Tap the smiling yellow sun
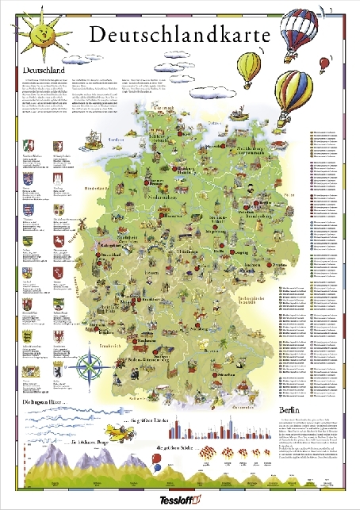(x=32, y=32)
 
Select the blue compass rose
(x=89, y=366)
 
